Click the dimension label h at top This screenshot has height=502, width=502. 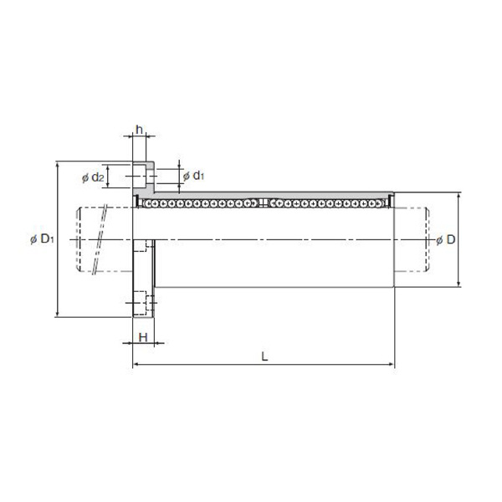click(x=139, y=130)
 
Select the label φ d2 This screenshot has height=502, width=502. click(x=93, y=177)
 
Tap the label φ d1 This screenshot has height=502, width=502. click(x=193, y=176)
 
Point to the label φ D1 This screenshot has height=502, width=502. click(x=42, y=238)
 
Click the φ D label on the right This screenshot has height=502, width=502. click(x=446, y=239)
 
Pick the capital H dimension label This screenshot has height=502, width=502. click(x=143, y=337)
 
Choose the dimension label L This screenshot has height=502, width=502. click(x=264, y=356)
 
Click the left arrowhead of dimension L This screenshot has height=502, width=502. click(x=136, y=364)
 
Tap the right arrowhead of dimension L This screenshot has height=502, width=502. click(x=392, y=364)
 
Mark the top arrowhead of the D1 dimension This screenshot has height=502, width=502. click(x=57, y=164)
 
